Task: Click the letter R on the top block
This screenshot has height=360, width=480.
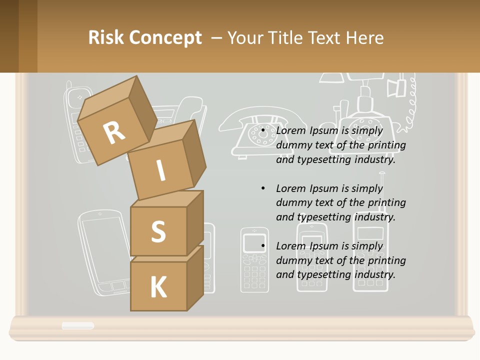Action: click(114, 132)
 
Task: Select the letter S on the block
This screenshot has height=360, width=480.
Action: click(158, 231)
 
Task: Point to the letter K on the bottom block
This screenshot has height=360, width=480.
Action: click(158, 287)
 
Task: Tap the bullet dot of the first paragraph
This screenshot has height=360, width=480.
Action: click(263, 130)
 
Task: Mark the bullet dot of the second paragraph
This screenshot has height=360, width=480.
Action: click(263, 188)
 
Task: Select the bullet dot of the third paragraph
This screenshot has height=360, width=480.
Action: click(263, 246)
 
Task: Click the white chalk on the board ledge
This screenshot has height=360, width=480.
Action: click(77, 325)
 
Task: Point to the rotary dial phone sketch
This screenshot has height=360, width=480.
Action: click(262, 132)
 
